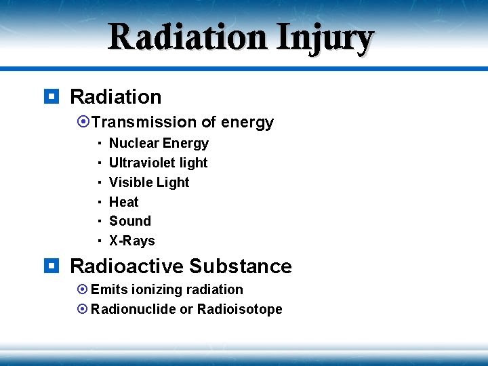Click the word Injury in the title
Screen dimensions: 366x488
(324, 37)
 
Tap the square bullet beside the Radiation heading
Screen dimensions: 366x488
(50, 97)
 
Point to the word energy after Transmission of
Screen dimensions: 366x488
(247, 123)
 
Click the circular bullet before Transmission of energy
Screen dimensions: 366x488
(83, 122)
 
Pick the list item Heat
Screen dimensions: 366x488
(123, 202)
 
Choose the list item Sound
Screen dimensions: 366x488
(130, 221)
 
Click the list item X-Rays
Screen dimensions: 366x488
(132, 241)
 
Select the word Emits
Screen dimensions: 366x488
(108, 289)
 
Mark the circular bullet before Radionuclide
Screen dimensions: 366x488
(83, 309)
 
